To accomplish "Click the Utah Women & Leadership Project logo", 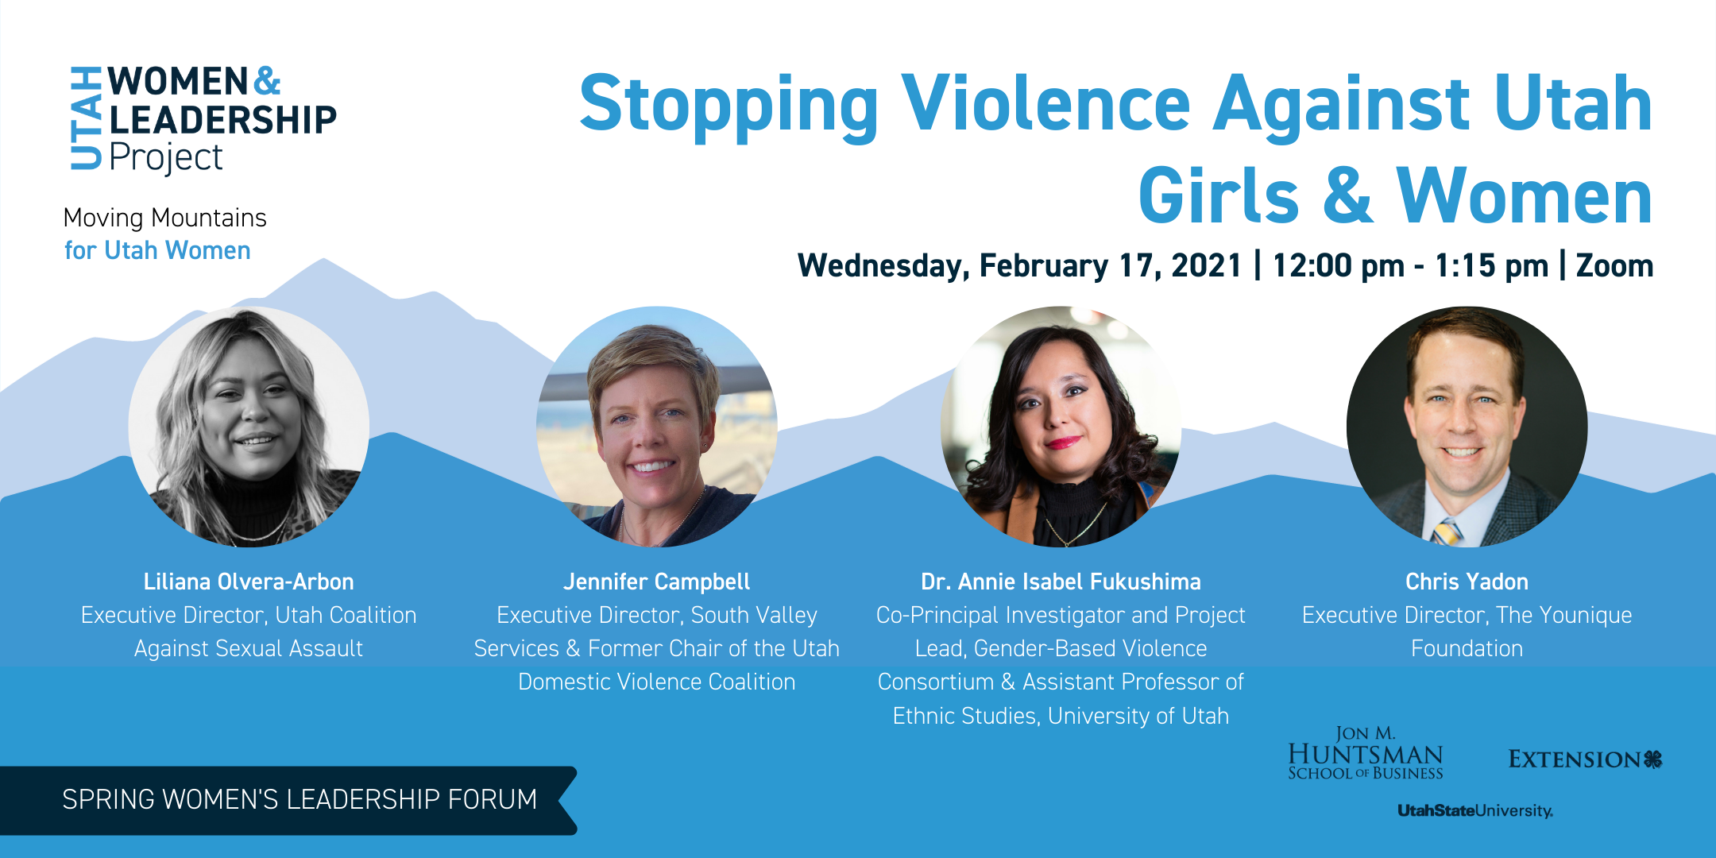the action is [203, 119].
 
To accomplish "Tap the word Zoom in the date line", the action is [1614, 265].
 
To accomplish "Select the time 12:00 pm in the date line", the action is [1339, 265].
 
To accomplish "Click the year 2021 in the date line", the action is [1206, 265].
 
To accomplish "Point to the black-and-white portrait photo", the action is [249, 427].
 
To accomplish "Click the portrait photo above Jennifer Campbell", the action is [657, 427].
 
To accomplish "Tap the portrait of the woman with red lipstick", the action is [1061, 427].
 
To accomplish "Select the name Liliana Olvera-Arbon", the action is [249, 582].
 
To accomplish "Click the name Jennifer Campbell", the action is [656, 582].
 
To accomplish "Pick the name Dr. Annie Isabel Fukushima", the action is [1061, 582].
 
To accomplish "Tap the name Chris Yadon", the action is [1467, 582].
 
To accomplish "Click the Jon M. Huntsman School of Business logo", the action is [1366, 753].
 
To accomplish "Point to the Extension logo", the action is [1586, 759].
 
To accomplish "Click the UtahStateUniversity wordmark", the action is [1475, 811].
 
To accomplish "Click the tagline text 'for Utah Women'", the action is [157, 250].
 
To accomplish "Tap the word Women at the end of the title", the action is [1525, 196].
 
